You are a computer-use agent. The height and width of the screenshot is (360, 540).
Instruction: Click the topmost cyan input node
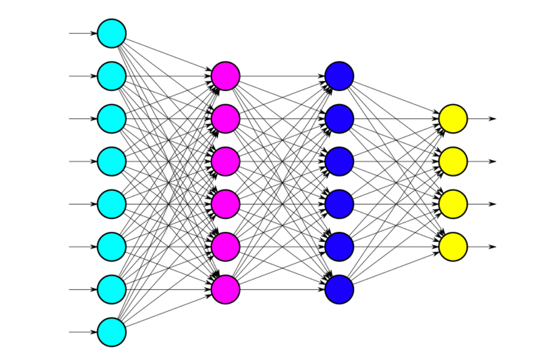tap(111, 33)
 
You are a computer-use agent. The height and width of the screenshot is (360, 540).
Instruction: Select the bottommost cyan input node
tap(111, 332)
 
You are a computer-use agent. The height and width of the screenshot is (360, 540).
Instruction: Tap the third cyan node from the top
tap(111, 119)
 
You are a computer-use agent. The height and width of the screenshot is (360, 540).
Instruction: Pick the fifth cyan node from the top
tap(111, 204)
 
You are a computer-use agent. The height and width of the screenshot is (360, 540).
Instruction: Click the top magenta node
tap(225, 76)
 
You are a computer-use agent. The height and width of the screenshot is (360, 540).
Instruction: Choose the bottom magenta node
tap(225, 289)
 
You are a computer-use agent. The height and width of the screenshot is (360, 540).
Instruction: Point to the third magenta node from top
tap(225, 162)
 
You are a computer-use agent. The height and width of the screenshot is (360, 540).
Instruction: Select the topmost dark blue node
tap(339, 76)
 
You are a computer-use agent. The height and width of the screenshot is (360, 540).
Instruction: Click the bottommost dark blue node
tap(339, 289)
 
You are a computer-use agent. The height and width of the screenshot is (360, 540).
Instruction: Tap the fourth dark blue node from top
tap(339, 204)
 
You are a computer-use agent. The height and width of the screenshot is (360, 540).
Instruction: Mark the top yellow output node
tap(453, 119)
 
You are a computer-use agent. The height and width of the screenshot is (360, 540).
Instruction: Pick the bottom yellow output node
tap(453, 247)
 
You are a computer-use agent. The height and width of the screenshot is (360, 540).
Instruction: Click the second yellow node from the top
tap(453, 162)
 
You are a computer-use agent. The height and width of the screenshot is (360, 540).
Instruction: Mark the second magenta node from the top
tap(225, 119)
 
